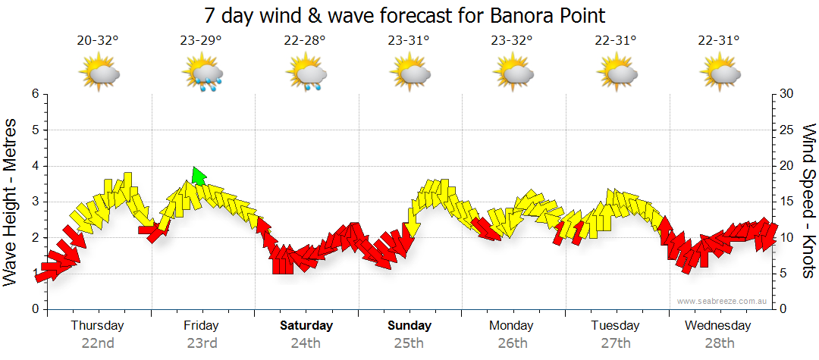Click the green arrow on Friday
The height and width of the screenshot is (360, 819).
click(199, 177)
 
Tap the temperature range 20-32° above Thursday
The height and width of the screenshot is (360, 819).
click(98, 41)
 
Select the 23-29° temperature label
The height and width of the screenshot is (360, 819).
click(201, 41)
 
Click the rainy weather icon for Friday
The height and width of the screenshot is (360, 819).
click(202, 74)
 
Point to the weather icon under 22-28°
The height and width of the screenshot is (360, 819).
click(306, 74)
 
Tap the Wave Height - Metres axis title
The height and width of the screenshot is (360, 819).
click(12, 201)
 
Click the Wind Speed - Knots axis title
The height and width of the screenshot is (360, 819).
click(808, 201)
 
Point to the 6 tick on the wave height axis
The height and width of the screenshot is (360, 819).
click(35, 94)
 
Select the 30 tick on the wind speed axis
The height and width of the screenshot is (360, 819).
click(786, 94)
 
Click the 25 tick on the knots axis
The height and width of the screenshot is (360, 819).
click(786, 130)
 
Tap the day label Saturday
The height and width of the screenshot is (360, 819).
click(306, 326)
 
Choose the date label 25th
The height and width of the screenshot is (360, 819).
click(409, 343)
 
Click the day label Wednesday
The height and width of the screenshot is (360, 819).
click(717, 326)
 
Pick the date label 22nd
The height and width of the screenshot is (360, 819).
click(98, 343)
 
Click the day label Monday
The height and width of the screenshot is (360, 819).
click(512, 326)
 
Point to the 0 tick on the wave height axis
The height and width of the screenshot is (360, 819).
click(35, 309)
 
